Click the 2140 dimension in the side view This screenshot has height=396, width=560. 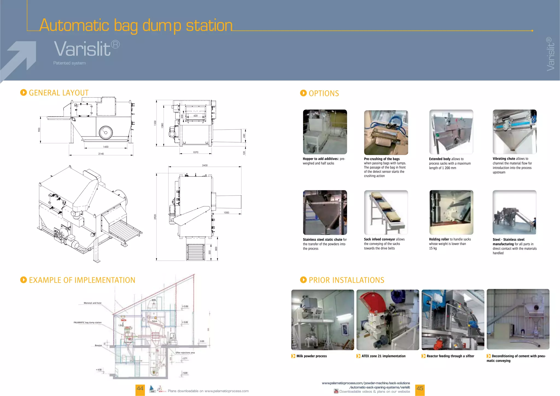[101, 154]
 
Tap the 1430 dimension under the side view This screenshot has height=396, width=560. [106, 147]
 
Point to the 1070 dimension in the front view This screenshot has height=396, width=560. [196, 152]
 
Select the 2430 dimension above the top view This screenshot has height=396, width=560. [205, 165]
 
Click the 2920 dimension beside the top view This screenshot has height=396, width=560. [155, 217]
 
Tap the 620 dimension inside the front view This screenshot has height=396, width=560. [196, 116]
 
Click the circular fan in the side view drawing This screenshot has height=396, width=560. [106, 133]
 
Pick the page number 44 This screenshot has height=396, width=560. [140, 389]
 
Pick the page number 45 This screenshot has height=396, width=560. [420, 389]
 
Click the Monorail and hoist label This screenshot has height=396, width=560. [92, 303]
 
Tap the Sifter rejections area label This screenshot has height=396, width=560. [185, 353]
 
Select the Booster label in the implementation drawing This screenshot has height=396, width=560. [98, 345]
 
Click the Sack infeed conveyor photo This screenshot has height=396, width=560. [386, 212]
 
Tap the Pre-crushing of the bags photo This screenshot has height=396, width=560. [386, 133]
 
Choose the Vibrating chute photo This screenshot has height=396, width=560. [514, 132]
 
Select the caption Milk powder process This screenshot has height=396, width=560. [311, 356]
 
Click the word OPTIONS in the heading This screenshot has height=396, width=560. [324, 94]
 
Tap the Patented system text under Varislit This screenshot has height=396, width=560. [69, 63]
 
